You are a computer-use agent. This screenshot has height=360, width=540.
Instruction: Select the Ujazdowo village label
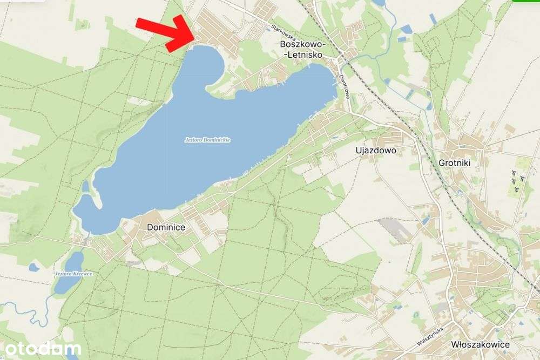376,151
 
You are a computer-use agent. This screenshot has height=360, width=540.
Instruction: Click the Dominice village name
166,228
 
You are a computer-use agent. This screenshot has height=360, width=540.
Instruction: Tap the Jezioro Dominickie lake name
208,140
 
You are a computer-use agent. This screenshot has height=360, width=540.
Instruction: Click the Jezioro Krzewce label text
73,274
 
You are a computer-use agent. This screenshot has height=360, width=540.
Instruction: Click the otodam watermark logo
40,349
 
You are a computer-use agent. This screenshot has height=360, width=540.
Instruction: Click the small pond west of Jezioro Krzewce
33,267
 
